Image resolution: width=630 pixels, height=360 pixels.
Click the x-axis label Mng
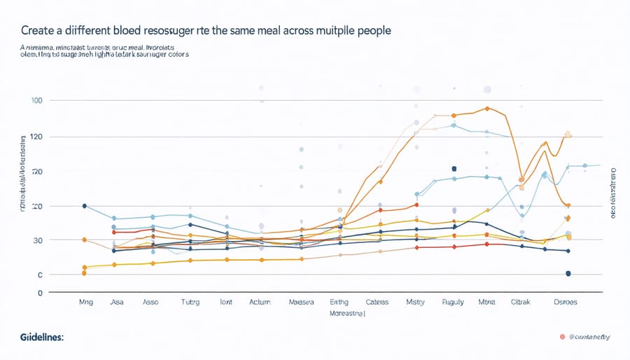pos(85,303)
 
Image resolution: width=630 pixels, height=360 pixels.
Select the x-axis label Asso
pos(151,303)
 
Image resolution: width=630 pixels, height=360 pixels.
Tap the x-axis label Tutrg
pos(190,303)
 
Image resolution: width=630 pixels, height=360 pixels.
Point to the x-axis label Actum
pos(259,303)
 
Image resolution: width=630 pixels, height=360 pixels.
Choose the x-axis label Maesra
pos(301,303)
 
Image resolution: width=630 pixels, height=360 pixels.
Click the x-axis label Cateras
pos(377,303)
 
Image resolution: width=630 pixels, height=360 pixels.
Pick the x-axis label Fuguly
pos(453,303)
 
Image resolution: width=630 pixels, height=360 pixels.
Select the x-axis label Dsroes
pos(566,303)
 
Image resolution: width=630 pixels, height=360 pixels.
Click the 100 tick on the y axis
pos(37,101)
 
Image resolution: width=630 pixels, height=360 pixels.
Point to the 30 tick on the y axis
pos(37,240)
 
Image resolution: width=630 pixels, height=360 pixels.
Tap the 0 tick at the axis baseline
pos(40,292)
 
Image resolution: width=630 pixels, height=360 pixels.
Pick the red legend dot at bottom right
pos(561,337)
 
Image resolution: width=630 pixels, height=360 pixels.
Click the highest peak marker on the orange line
pos(486,109)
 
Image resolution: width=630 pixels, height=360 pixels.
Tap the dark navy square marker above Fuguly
pos(454,169)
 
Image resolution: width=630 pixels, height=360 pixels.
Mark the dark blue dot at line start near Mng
pos(84,206)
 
